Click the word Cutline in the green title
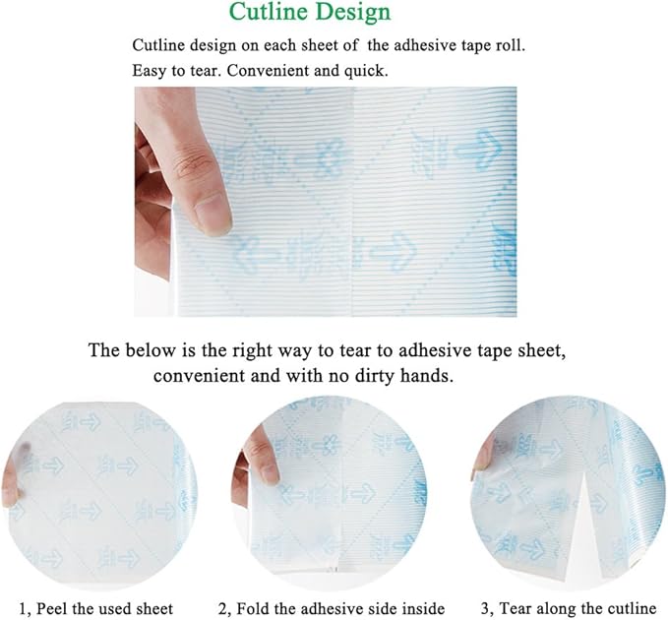pos(269,12)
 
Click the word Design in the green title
pos(353,13)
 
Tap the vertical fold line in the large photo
pos(353,202)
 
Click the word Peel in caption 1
pos(54,608)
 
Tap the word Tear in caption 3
pos(515,608)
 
